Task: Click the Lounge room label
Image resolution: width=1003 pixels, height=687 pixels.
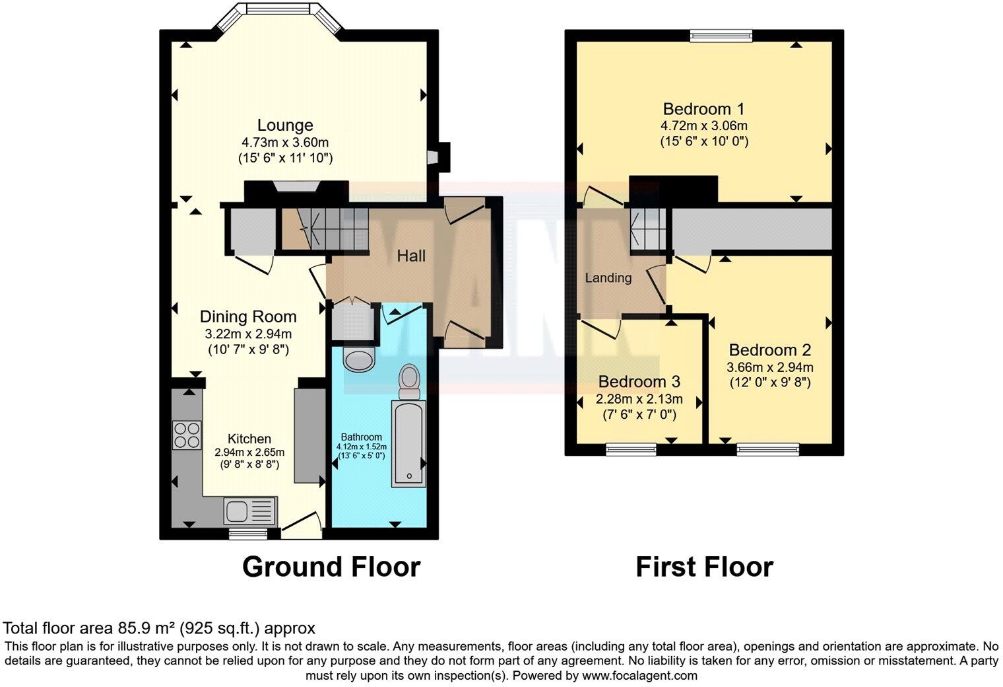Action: (285, 125)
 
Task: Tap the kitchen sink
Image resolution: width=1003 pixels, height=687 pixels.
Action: (250, 510)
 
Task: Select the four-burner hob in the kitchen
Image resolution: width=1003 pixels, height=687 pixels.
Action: (187, 435)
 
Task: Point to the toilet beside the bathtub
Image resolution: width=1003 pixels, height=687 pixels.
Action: (410, 380)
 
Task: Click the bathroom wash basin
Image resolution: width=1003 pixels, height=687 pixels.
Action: (360, 360)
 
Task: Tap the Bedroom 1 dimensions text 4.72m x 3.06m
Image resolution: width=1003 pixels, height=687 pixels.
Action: (704, 126)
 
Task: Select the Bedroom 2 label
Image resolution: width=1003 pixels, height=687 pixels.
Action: (769, 350)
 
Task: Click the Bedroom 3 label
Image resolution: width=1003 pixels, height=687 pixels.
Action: (639, 382)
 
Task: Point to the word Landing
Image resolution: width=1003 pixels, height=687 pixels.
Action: (608, 277)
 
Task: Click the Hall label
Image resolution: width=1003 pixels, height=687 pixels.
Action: (410, 256)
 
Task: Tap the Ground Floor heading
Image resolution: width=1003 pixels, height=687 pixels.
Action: (331, 567)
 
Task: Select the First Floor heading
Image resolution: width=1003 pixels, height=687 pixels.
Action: (704, 567)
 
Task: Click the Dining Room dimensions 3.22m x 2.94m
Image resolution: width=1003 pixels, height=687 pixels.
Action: (248, 334)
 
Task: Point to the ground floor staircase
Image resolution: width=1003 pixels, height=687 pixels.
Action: (323, 228)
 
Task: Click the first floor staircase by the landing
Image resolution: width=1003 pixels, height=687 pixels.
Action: (647, 229)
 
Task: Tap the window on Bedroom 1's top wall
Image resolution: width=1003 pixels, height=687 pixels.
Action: (721, 36)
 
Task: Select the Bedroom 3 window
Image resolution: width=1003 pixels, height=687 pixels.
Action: (631, 450)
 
